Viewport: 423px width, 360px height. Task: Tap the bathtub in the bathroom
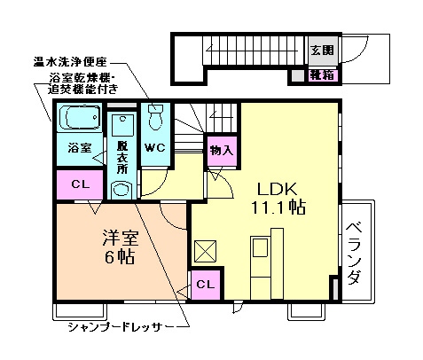(81, 117)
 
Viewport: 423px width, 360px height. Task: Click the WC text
(155, 148)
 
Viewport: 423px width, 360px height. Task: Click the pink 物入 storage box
(220, 151)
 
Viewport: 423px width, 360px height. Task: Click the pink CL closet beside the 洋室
(80, 184)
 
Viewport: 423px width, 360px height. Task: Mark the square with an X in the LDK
(206, 251)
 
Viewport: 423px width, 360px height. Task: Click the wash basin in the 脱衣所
(121, 188)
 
